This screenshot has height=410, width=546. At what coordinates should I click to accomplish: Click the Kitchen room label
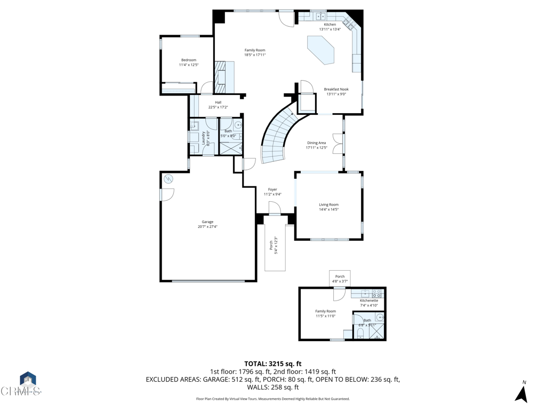click(330, 25)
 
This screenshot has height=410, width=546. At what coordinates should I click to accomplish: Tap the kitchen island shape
click(321, 50)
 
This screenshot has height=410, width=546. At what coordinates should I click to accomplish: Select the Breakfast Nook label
click(336, 89)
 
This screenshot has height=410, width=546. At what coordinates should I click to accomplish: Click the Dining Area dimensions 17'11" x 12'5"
click(316, 148)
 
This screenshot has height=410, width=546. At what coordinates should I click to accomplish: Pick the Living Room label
click(328, 204)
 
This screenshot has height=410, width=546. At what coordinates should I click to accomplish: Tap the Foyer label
click(272, 190)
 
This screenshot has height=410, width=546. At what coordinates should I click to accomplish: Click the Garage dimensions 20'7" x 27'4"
click(207, 227)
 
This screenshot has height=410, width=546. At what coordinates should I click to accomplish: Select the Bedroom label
click(189, 60)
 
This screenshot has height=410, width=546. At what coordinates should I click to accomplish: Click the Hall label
click(218, 102)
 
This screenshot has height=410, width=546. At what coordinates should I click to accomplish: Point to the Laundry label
click(203, 137)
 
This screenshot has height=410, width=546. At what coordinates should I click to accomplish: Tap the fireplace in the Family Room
click(220, 77)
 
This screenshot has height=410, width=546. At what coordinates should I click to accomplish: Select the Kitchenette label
click(368, 301)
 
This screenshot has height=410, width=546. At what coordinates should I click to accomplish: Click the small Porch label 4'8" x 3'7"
click(340, 277)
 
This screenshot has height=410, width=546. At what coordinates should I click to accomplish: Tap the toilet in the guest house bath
click(360, 334)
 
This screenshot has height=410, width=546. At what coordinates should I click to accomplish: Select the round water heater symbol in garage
click(168, 179)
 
